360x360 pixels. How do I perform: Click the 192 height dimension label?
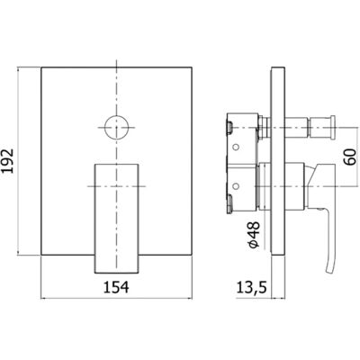[8, 160]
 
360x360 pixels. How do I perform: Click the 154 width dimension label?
[116, 287]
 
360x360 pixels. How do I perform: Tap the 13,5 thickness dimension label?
[251, 287]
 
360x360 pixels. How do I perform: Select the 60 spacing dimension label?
[350, 157]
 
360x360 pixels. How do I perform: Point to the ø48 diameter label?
[253, 235]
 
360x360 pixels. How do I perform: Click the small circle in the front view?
[116, 127]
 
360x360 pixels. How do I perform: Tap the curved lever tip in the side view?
[329, 258]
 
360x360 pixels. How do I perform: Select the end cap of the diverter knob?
[333, 127]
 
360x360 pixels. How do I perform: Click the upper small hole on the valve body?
[236, 147]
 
